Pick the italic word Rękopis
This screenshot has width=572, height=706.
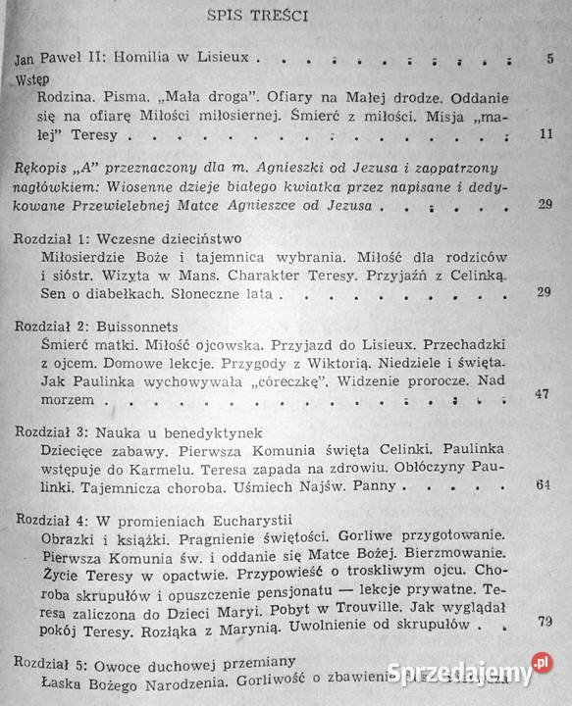click(x=45, y=170)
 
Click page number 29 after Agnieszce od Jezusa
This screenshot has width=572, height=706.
click(x=545, y=206)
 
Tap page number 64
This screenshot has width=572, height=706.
click(x=545, y=484)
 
